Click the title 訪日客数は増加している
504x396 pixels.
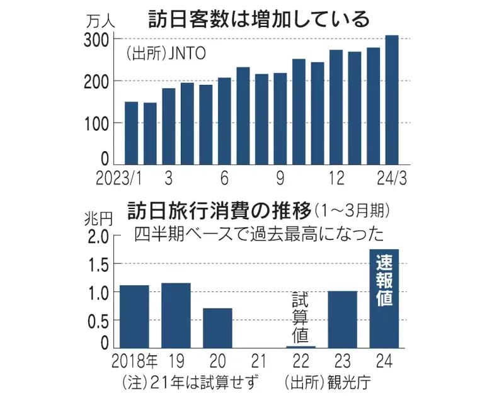(258, 19)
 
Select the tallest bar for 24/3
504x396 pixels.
(392, 101)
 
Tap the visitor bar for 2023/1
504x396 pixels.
(131, 133)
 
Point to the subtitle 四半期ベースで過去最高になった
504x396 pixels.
(258, 234)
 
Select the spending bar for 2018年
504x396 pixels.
(134, 316)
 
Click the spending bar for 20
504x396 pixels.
(217, 327)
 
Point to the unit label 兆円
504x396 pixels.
(98, 220)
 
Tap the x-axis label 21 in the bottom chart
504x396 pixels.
(258, 361)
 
